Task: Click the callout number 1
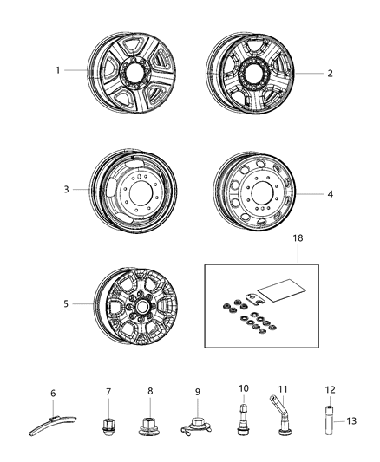[58, 70]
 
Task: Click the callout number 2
[330, 74]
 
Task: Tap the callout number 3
[65, 187]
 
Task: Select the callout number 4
[330, 194]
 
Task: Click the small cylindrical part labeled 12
[329, 418]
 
